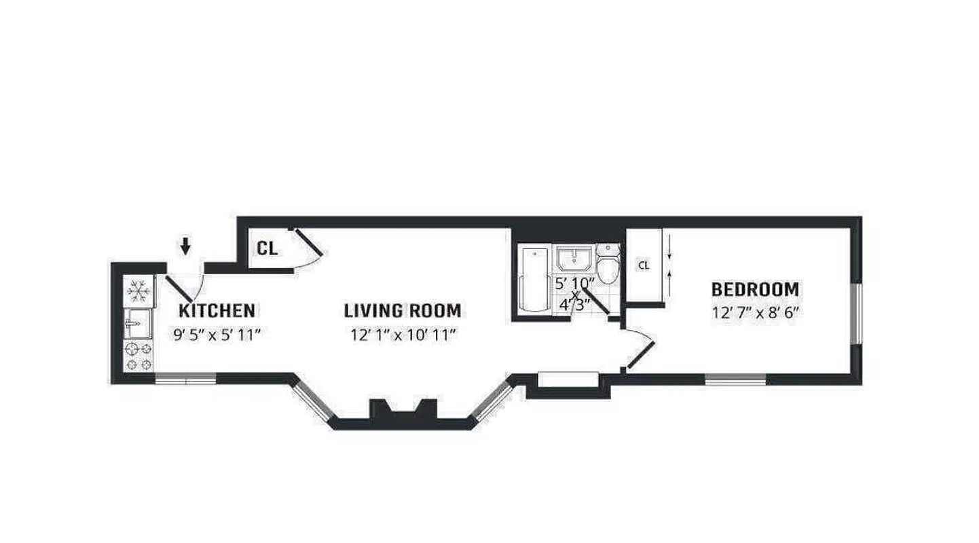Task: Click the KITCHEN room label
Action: point(217,311)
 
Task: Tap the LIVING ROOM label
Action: point(402,311)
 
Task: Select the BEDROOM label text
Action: point(755,290)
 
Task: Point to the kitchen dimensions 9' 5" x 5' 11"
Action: point(217,334)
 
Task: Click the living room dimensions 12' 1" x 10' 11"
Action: point(403,334)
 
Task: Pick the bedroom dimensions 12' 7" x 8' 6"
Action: point(755,313)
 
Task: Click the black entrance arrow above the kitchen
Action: point(185,246)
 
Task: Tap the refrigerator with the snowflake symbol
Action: point(139,291)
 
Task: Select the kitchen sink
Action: point(138,323)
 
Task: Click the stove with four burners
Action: point(138,356)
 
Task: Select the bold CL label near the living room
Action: point(267,248)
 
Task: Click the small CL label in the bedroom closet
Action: point(643,265)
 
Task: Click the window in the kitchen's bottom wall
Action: point(185,379)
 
